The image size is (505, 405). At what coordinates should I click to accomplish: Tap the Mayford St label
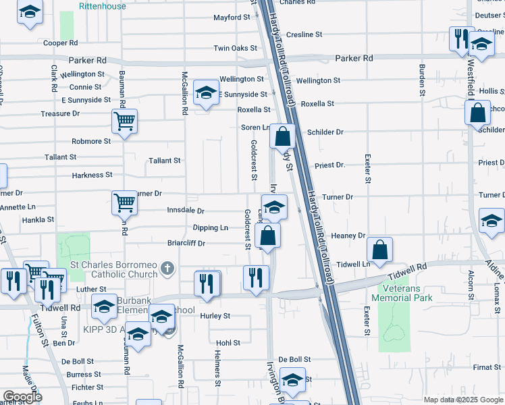click(x=232, y=18)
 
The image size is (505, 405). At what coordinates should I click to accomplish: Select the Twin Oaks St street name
click(x=235, y=49)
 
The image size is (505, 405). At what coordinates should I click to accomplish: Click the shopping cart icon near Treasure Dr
click(x=124, y=122)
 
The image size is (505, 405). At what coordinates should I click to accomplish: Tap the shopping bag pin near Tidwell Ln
click(x=381, y=249)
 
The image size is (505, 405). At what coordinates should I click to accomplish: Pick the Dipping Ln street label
click(x=210, y=228)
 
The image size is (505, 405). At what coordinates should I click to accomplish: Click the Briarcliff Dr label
click(x=186, y=243)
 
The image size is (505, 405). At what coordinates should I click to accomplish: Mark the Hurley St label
click(x=215, y=316)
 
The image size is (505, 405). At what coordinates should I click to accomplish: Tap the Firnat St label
click(x=486, y=367)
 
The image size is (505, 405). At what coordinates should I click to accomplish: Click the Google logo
click(x=22, y=397)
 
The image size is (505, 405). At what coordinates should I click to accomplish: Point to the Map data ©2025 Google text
click(x=462, y=400)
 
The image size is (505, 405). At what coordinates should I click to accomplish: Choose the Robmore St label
click(x=91, y=142)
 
